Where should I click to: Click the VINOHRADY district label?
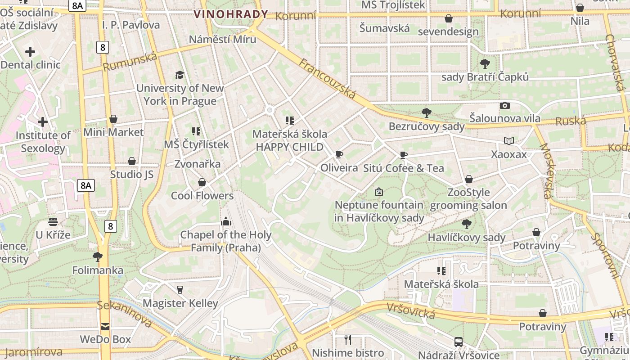point(231,14)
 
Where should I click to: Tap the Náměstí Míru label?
point(222,39)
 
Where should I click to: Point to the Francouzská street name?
point(327,79)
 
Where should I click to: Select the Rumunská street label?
point(130,62)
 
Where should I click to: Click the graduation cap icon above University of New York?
point(180,75)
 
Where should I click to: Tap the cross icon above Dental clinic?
point(30,52)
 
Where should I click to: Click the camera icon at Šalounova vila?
point(505,105)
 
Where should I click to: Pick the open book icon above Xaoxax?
point(509,141)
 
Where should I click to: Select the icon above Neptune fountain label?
point(379,192)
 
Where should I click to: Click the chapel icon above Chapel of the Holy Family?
point(226,221)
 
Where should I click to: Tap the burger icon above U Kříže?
point(53,221)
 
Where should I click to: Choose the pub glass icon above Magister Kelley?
point(180,289)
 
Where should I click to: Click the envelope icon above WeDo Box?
point(105,326)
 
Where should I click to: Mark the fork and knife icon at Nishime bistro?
point(348,339)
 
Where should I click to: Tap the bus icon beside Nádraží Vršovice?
point(459,342)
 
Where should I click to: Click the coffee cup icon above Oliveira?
point(339,155)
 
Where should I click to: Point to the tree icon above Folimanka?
point(98,257)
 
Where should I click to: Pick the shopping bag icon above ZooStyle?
point(469,179)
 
